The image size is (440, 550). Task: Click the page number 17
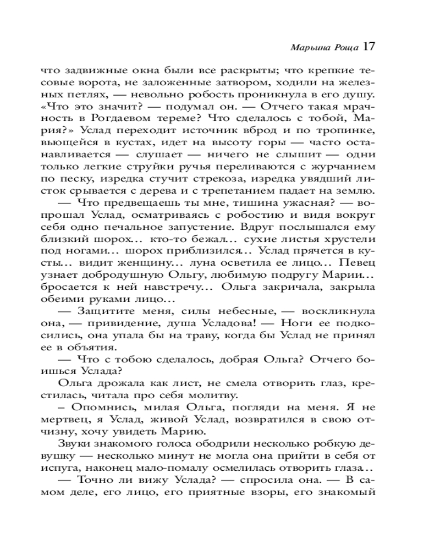tap(369, 47)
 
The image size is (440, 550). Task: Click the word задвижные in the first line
tap(111, 71)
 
